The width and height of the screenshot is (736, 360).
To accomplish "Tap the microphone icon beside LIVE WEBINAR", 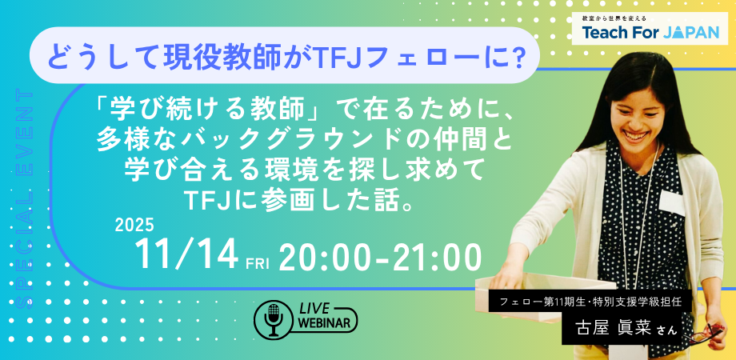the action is pyautogui.click(x=274, y=318).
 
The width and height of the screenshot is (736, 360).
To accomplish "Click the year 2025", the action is pyautogui.click(x=134, y=226).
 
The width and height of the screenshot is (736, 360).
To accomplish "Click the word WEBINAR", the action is pyautogui.click(x=326, y=324).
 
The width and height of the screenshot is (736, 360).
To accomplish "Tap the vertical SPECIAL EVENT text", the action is pyautogui.click(x=24, y=198).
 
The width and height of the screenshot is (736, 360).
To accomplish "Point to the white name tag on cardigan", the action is pyautogui.click(x=672, y=202).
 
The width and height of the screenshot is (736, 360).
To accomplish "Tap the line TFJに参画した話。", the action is pyautogui.click(x=299, y=201).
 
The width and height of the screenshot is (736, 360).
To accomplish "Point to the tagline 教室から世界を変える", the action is pyautogui.click(x=614, y=18).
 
